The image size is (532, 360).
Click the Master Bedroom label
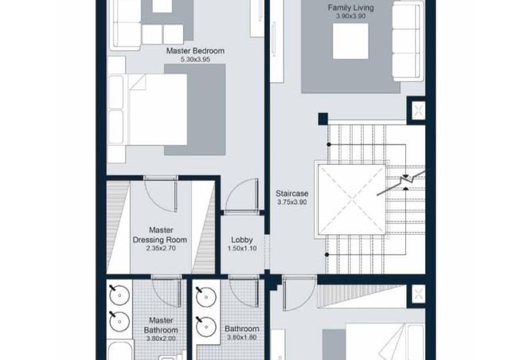pos(195,51)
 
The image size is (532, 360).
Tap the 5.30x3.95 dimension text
pos(195,60)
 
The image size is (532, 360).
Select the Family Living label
pos(351,7)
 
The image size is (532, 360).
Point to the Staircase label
pos(291,194)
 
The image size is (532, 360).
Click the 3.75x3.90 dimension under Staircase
pos(291,202)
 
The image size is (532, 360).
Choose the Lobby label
pos(242,240)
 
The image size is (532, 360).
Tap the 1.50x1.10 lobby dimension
pos(242,248)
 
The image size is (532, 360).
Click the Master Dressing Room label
pos(160,235)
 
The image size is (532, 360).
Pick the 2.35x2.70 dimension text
pos(161,248)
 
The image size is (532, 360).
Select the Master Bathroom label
pos(161,325)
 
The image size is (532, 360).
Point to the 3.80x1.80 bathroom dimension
pos(241,337)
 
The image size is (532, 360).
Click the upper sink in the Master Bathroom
pos(119,295)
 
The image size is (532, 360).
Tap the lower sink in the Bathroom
pos(206,327)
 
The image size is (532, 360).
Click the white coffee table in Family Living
pos(350,41)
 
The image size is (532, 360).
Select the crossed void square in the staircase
pos(352,199)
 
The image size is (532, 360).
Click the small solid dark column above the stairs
pos(323,119)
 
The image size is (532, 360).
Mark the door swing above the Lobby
pos(241,196)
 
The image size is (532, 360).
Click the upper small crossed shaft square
pos(418,110)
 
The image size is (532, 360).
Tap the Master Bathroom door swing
pos(167,292)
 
